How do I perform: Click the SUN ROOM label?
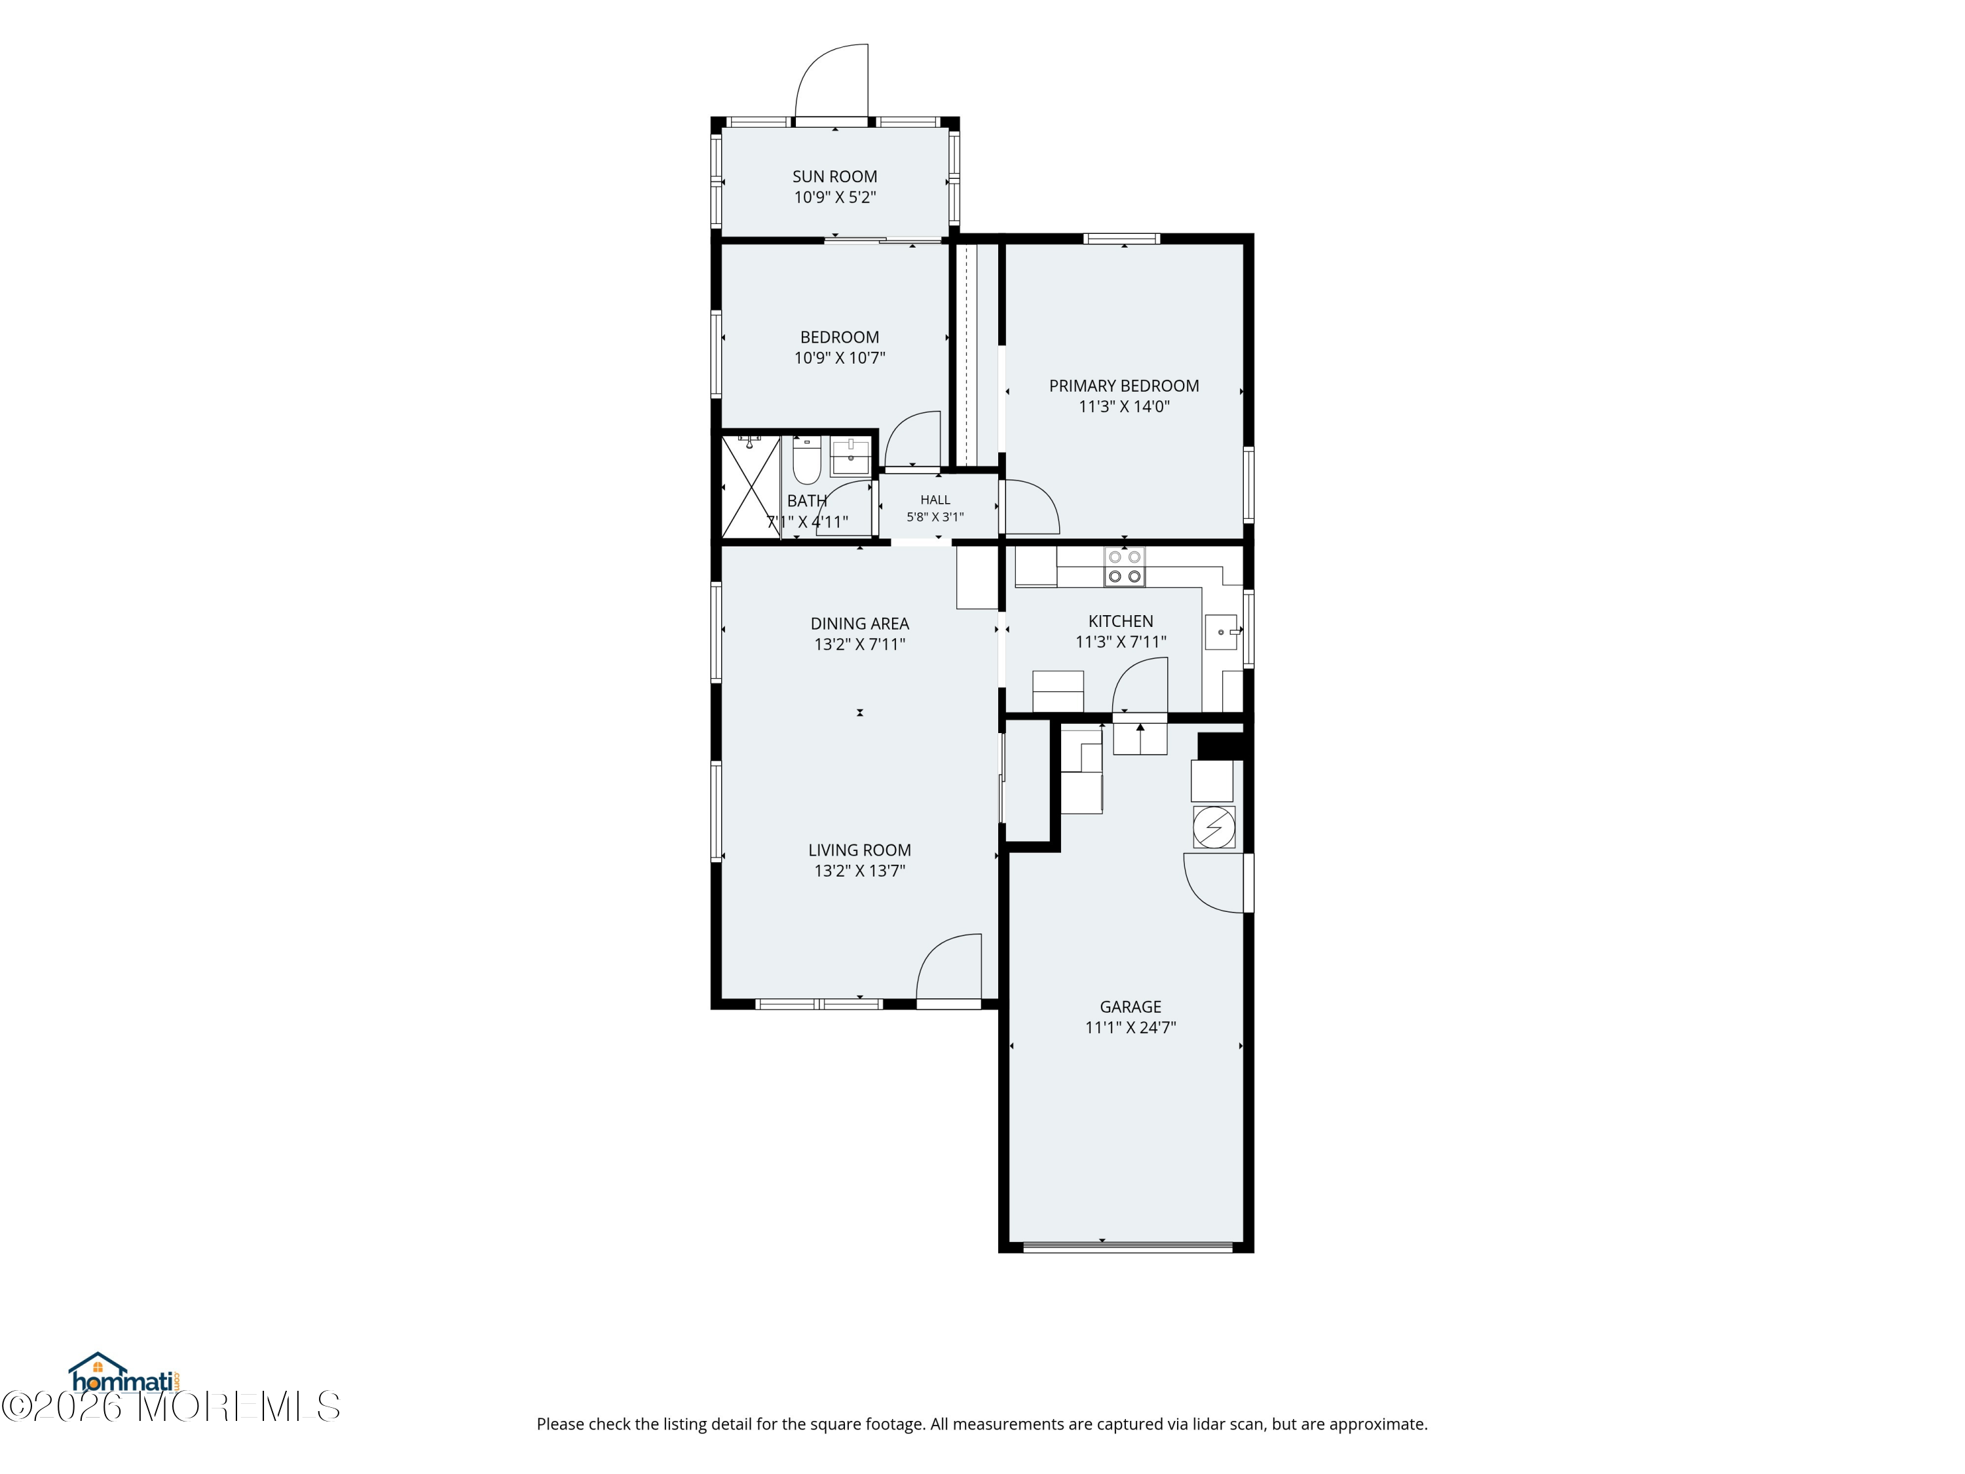tap(834, 177)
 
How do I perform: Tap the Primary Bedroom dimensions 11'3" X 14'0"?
tap(1124, 407)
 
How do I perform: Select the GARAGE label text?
tap(1130, 1007)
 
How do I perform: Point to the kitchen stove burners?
tap(1124, 567)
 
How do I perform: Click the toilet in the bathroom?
tap(806, 461)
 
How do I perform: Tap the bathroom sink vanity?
tap(850, 457)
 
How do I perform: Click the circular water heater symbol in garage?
tap(1214, 828)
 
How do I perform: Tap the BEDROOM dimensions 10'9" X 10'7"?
tap(840, 358)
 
